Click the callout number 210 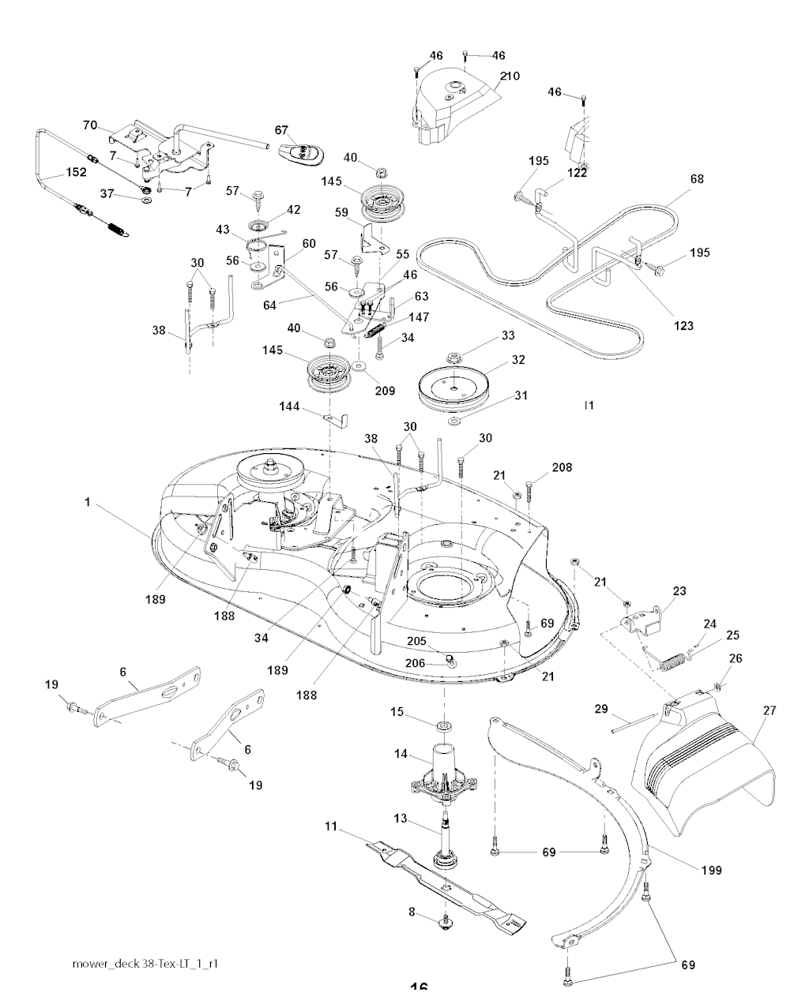pyautogui.click(x=510, y=76)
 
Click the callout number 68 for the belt pyautogui.click(x=696, y=178)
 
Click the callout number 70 pyautogui.click(x=89, y=124)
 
